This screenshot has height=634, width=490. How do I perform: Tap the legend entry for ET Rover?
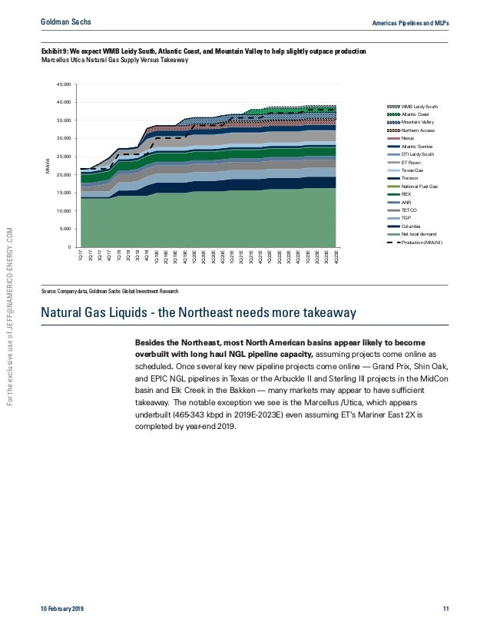412,163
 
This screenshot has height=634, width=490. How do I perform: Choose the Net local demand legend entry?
419,235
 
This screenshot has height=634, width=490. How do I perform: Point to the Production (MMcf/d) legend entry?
422,243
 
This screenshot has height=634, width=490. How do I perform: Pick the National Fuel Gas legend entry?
419,187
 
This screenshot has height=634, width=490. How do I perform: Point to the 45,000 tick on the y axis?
64,84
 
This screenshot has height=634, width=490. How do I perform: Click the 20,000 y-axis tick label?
64,174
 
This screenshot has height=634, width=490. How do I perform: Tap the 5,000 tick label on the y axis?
65,229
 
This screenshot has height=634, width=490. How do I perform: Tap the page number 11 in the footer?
446,609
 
